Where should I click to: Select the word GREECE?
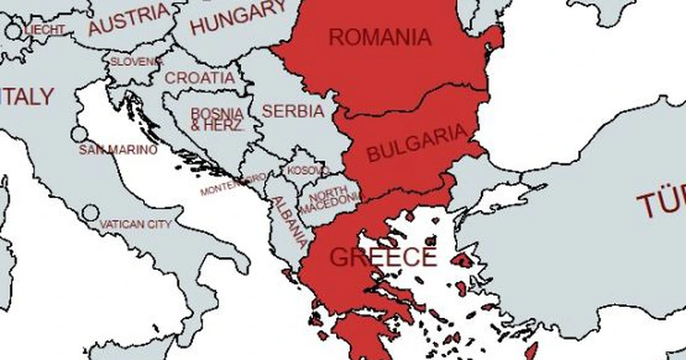(x=382, y=257)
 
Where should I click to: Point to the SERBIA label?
(x=292, y=111)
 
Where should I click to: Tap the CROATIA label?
(x=199, y=78)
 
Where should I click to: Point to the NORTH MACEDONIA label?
(x=330, y=196)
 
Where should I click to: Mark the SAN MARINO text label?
(x=118, y=150)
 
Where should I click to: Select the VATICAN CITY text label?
(x=135, y=225)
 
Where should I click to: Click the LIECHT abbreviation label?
(x=45, y=31)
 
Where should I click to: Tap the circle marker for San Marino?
(x=79, y=135)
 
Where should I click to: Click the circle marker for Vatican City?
(x=90, y=212)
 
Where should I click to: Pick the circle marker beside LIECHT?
(x=13, y=32)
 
